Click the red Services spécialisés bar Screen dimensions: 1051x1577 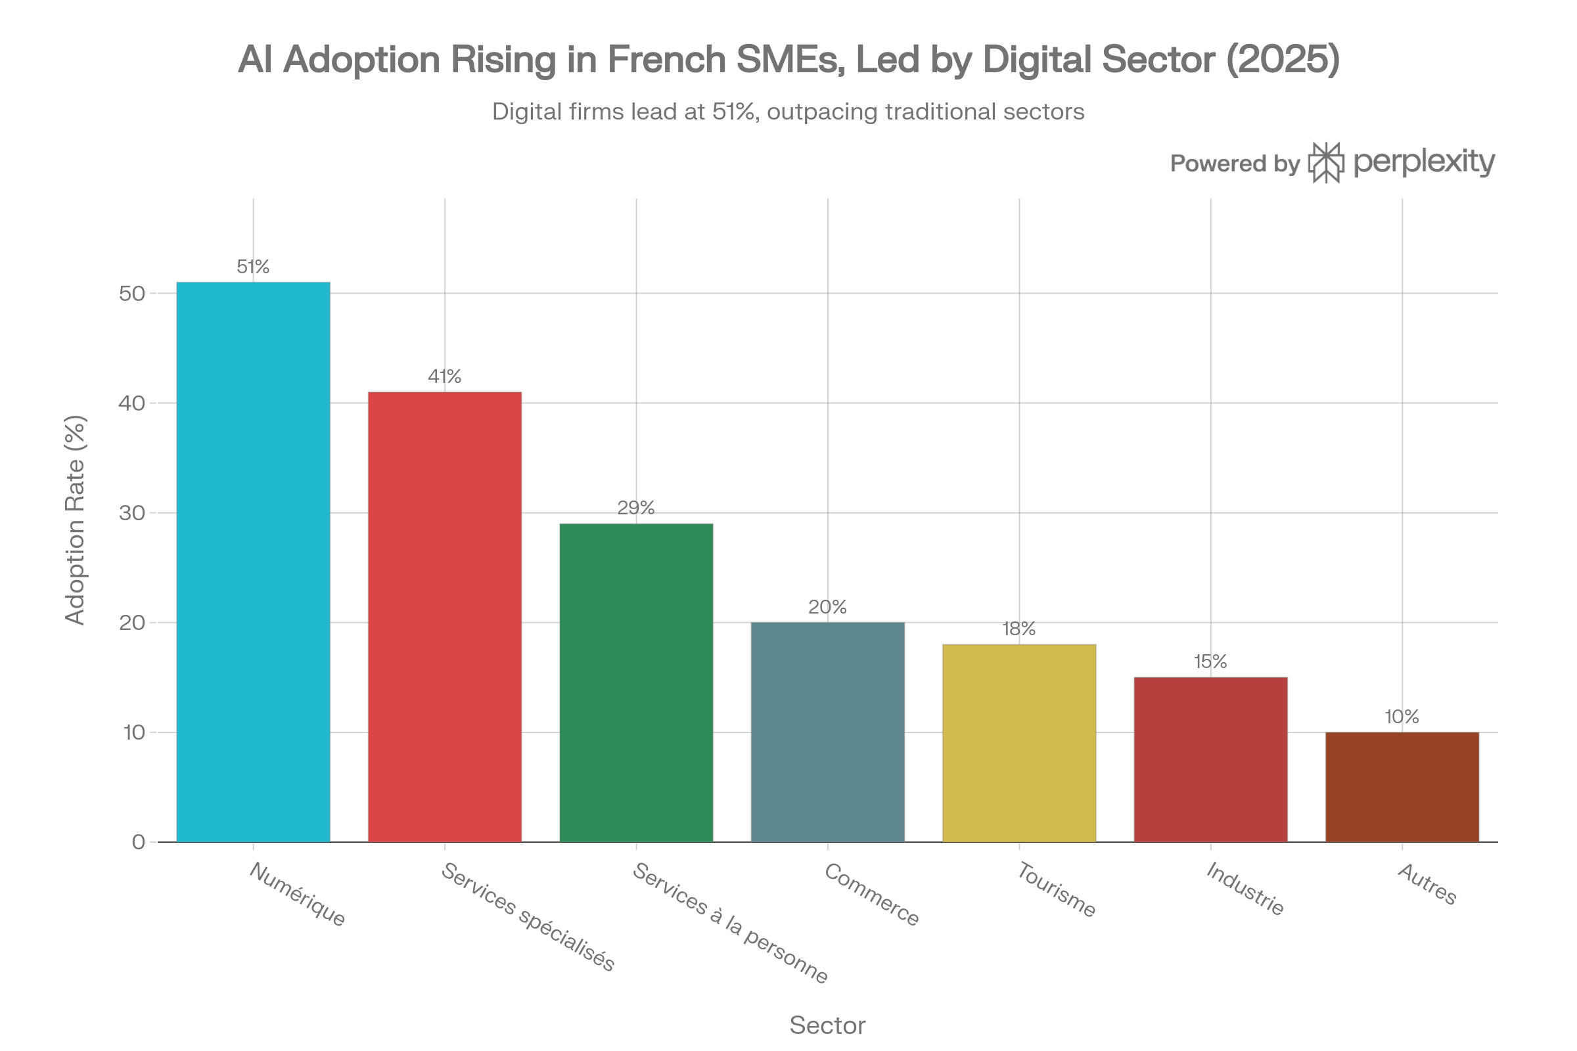click(445, 617)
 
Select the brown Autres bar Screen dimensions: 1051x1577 click(1402, 787)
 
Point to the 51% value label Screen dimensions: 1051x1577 click(254, 267)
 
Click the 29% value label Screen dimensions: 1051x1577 click(636, 507)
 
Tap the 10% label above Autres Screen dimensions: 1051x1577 click(1402, 717)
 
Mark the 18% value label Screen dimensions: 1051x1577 click(1019, 629)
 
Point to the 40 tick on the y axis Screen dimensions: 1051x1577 click(132, 403)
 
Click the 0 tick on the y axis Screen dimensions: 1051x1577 click(139, 843)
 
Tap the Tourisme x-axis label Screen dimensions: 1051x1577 click(1056, 889)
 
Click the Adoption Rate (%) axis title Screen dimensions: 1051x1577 click(75, 520)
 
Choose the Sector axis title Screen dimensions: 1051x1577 click(827, 1025)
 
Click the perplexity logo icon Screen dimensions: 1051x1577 click(1326, 163)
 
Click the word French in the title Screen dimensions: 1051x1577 click(667, 60)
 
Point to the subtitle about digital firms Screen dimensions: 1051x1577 click(788, 112)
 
